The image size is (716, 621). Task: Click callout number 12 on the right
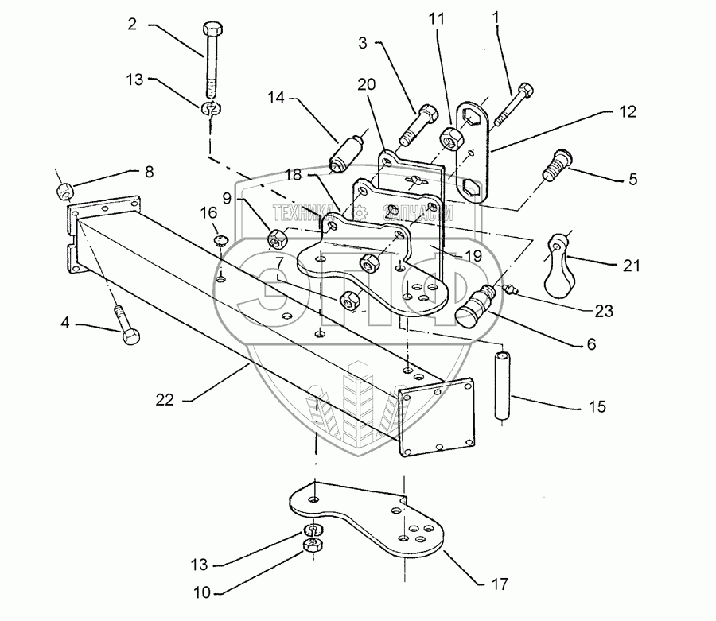[628, 112]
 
